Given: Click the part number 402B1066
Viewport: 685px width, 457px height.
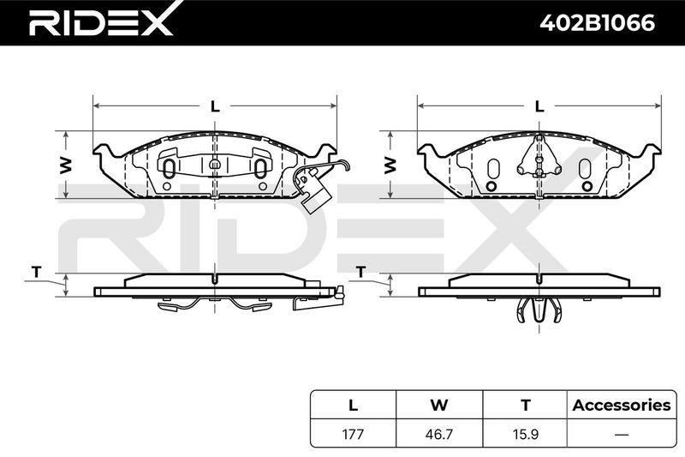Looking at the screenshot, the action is [597, 23].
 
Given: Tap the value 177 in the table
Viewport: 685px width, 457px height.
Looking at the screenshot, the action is [353, 434].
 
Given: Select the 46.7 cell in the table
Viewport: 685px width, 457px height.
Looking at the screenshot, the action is [438, 434].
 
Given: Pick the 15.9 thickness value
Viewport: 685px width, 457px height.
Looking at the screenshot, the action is [525, 434].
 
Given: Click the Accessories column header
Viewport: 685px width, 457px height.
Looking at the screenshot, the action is [622, 405].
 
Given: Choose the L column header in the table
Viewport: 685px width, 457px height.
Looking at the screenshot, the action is [353, 405].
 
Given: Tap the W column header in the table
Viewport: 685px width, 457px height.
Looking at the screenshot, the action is [439, 405].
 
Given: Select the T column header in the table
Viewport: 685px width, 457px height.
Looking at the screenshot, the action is [526, 405].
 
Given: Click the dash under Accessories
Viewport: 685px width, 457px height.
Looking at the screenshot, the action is [622, 434].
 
